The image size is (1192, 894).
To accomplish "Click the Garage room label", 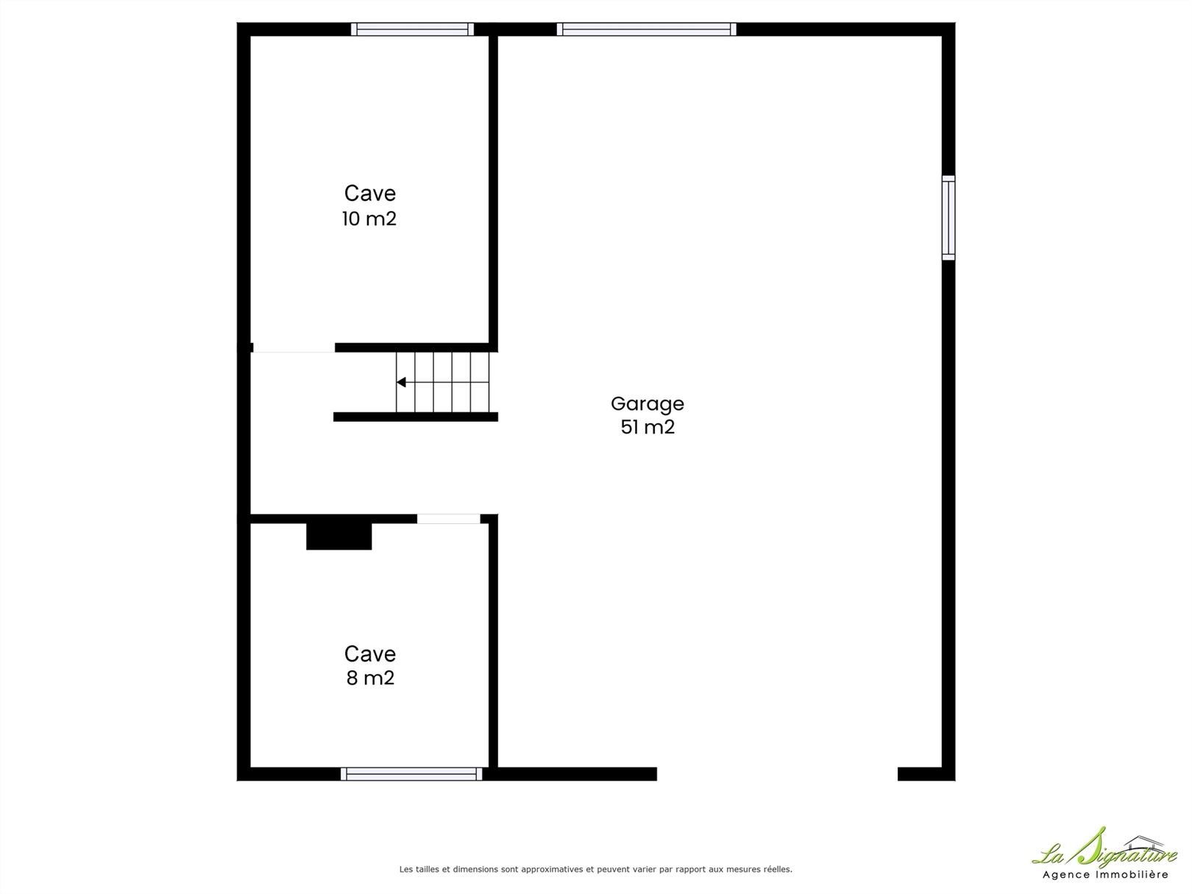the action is point(648,405).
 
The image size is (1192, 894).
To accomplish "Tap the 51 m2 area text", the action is point(648,428).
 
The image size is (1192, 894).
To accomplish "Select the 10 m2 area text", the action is point(369,219).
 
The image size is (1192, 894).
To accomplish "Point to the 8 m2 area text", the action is point(370,678).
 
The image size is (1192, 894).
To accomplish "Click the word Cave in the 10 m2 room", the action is point(370,194).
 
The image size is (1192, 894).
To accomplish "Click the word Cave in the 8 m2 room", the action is point(370,654).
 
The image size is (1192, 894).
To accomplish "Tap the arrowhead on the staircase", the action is point(401,382).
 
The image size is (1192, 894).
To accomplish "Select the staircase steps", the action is point(443,382).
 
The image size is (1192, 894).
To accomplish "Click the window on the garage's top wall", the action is point(646,29).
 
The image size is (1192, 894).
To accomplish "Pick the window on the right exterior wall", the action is point(948,218).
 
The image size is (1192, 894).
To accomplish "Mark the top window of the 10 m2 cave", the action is point(412,29).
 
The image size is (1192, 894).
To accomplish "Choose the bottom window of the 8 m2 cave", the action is point(411,774).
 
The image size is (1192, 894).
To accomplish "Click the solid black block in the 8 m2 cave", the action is point(339,536).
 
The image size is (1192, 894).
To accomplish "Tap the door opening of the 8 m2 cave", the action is point(449,519).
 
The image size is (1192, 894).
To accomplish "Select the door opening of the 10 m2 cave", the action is point(294,347).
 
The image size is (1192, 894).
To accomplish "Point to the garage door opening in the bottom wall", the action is point(777,774).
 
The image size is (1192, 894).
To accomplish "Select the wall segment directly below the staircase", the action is point(416,417).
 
